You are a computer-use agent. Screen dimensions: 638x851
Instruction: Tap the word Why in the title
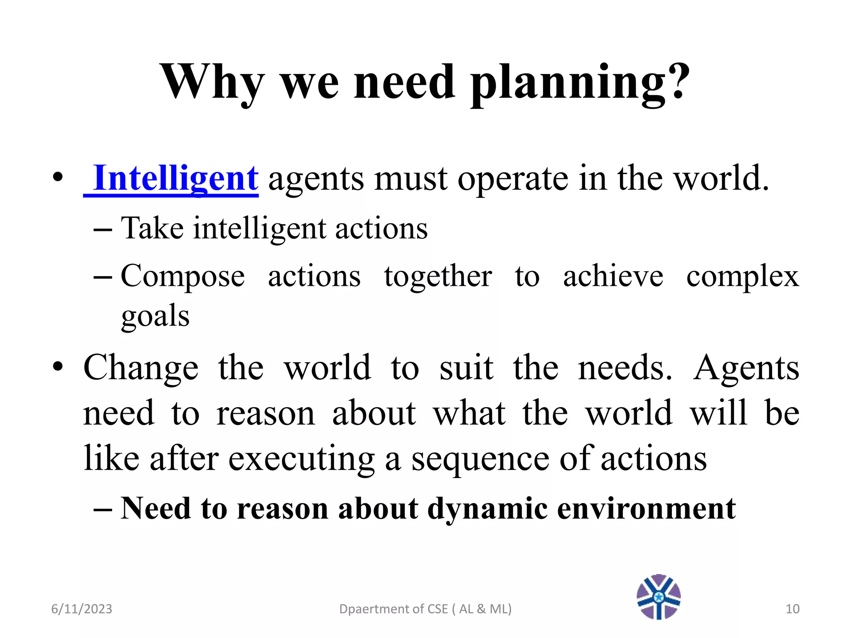click(212, 83)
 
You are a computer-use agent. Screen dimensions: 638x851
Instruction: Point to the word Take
click(152, 228)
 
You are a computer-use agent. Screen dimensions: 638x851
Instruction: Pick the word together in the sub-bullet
click(438, 276)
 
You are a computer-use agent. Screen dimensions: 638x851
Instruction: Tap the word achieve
click(613, 276)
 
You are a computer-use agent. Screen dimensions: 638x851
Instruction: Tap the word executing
click(302, 459)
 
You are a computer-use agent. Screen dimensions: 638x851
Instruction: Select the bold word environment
click(646, 508)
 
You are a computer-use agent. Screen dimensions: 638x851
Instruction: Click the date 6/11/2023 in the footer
click(81, 609)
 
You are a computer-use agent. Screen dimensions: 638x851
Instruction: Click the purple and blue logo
click(659, 597)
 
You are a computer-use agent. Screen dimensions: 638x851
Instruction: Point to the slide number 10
click(792, 609)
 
